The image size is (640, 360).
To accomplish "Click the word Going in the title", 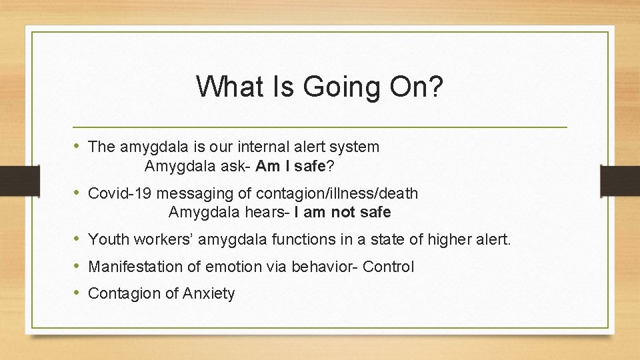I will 331,87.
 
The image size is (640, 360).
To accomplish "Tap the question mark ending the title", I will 435,87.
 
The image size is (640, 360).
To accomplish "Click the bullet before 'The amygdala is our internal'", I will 79,146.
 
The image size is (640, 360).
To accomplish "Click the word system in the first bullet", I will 355,146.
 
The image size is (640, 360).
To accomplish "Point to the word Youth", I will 109,239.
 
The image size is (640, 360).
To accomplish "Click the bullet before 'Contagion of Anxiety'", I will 79,293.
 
